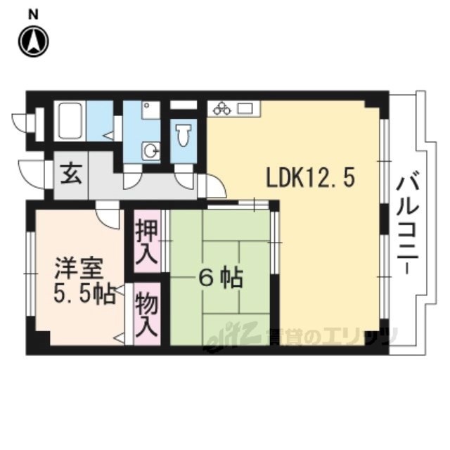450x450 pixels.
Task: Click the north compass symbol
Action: (33, 41)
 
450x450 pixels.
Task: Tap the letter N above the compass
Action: (34, 13)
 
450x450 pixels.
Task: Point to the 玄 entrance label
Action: (70, 172)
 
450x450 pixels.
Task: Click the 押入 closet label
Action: (146, 243)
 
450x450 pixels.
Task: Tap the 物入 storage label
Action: (146, 314)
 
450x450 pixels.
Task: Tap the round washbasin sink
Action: (149, 150)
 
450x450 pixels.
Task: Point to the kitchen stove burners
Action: (223, 108)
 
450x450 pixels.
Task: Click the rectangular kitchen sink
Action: (245, 108)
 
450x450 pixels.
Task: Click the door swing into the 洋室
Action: (108, 214)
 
